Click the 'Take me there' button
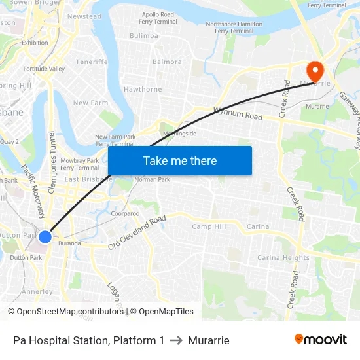pyautogui.click(x=180, y=160)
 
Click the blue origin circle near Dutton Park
pyautogui.click(x=45, y=236)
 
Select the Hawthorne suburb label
pyautogui.click(x=143, y=89)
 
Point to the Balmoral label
pyautogui.click(x=168, y=62)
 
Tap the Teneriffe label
pyautogui.click(x=92, y=62)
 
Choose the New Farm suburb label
pyautogui.click(x=90, y=103)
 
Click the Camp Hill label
pyautogui.click(x=209, y=226)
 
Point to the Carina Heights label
pyautogui.click(x=283, y=257)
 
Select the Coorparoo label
pyautogui.click(x=125, y=213)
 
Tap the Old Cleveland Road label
pyautogui.click(x=137, y=233)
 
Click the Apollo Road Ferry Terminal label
pyautogui.click(x=158, y=18)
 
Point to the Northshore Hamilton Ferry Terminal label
pyautogui.click(x=234, y=27)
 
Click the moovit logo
pyautogui.click(x=321, y=339)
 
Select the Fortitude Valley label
pyautogui.click(x=44, y=69)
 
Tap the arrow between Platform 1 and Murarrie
pyautogui.click(x=177, y=340)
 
